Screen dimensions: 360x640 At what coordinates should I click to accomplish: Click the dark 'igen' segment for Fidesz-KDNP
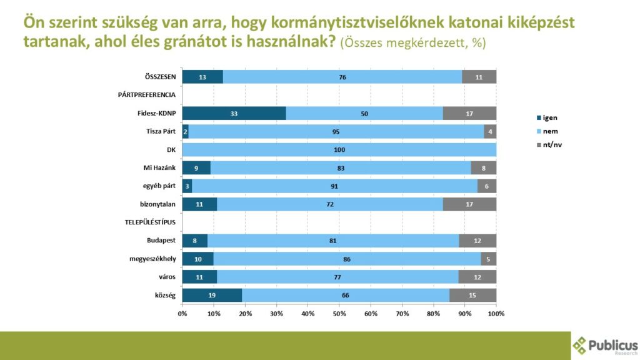pos(234,113)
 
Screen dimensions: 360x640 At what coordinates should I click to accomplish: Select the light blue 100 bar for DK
pos(339,150)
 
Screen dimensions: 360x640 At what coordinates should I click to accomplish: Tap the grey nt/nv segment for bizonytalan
pos(469,204)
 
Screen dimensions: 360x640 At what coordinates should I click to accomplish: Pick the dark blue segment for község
pos(212,295)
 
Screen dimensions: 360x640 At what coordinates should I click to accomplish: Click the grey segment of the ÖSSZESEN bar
pos(479,77)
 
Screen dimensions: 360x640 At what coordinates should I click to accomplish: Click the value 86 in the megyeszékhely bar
pos(347,259)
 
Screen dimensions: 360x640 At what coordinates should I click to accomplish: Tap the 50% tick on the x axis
pos(339,313)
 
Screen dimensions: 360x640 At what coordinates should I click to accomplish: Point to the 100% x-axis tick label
pos(496,313)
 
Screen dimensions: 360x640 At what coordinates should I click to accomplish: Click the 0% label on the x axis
pos(182,313)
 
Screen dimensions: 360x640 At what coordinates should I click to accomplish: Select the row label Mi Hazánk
pos(160,168)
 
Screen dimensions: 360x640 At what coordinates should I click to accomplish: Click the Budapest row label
pos(161,241)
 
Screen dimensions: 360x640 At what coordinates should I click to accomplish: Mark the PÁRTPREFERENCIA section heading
pos(147,95)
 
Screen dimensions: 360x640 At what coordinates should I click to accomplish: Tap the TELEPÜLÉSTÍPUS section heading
pos(147,222)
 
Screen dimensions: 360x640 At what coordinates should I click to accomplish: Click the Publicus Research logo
pos(605,346)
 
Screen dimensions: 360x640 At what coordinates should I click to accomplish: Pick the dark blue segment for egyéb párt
pos(187,186)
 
